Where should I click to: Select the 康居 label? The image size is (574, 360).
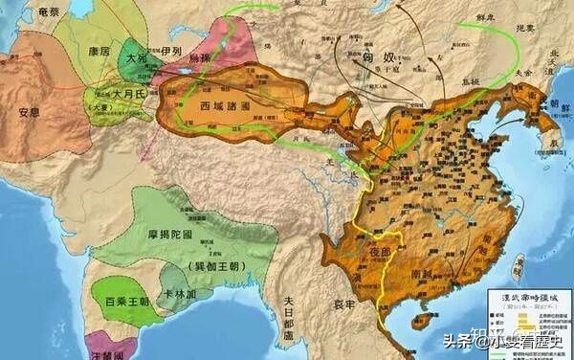pos(97,48)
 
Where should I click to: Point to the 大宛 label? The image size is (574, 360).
pos(137,59)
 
